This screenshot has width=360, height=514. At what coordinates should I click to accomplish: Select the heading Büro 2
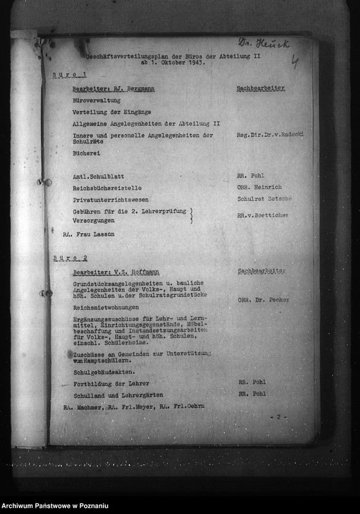coord(70,258)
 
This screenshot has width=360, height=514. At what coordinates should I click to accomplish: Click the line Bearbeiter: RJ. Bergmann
coord(113,89)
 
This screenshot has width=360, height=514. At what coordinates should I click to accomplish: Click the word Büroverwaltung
coord(96,101)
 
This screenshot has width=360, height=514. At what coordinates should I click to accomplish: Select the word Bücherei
coord(86,153)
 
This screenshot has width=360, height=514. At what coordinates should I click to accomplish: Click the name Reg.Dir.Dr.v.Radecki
coord(269,135)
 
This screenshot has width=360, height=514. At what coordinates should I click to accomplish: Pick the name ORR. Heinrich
coord(260,187)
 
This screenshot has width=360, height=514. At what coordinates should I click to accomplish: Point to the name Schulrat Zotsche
coord(264,199)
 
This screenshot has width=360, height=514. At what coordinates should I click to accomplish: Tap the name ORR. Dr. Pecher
coord(263,300)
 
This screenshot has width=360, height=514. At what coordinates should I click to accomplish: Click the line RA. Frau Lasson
coord(88,234)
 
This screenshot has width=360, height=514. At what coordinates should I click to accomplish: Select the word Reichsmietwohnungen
coord(106,307)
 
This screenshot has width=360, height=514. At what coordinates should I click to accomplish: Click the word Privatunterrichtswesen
coord(110,199)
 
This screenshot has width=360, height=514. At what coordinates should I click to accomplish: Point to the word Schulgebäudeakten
coord(104,372)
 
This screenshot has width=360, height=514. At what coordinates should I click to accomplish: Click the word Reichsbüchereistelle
coord(107,188)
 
